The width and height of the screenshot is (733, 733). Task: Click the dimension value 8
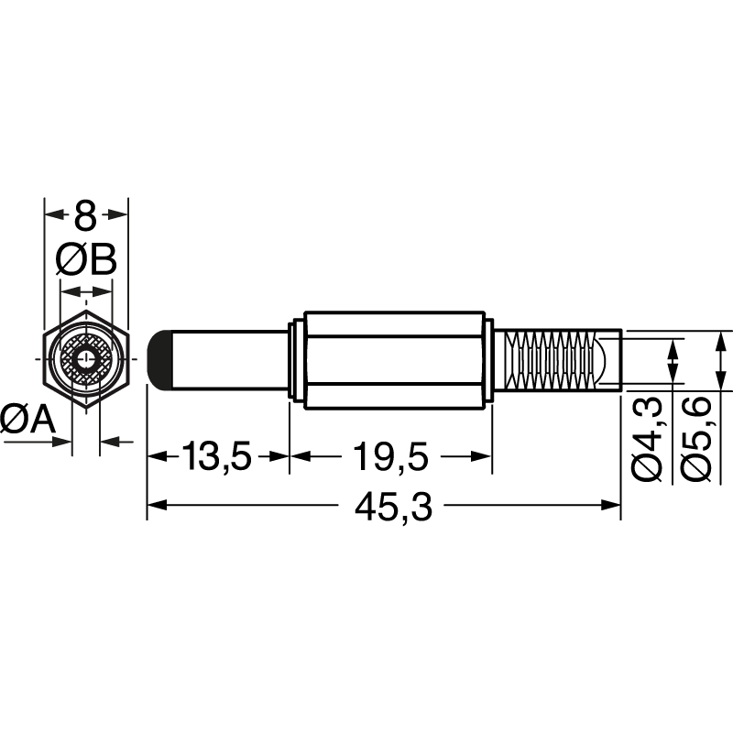tap(85, 217)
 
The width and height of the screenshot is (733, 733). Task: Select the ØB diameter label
tap(86, 261)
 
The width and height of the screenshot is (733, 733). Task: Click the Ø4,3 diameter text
tap(649, 438)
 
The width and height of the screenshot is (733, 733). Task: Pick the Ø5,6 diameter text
tap(698, 438)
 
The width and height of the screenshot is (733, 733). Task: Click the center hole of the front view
tap(86, 358)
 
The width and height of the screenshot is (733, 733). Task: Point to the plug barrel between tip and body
tap(229, 358)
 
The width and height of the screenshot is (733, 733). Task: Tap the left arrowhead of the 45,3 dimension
tap(156, 505)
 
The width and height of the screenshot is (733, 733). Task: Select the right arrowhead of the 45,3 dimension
tap(614, 505)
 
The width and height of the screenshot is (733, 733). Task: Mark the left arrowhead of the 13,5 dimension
tap(156, 455)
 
